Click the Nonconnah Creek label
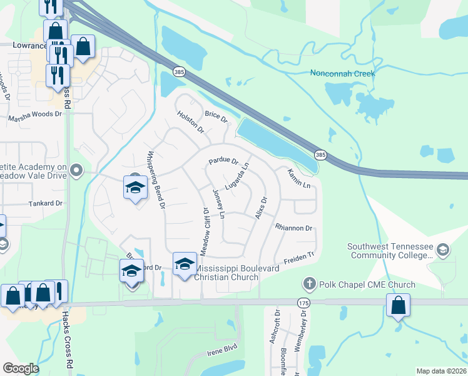(x=342, y=73)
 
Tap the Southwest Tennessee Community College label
(x=390, y=251)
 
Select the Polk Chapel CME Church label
(x=367, y=285)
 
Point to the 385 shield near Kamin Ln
(x=320, y=154)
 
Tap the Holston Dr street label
(x=191, y=122)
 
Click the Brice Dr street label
(x=216, y=117)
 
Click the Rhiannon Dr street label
(x=293, y=228)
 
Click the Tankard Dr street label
(x=46, y=204)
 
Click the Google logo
(x=21, y=368)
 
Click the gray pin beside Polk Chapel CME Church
(x=307, y=285)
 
